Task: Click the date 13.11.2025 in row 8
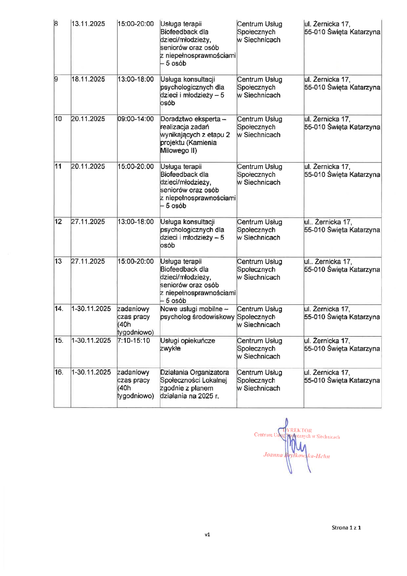click(x=88, y=24)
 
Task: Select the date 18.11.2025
click(x=88, y=79)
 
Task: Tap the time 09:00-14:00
click(x=136, y=119)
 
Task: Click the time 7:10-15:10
click(x=134, y=340)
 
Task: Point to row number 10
click(x=58, y=119)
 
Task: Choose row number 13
click(x=58, y=261)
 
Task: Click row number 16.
click(x=59, y=372)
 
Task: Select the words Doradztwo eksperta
click(x=190, y=119)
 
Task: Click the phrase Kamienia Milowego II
click(x=188, y=147)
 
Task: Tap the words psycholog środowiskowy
click(x=197, y=317)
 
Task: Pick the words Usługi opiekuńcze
click(x=188, y=340)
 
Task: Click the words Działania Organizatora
click(x=195, y=372)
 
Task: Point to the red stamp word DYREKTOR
click(x=298, y=430)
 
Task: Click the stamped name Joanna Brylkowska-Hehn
click(x=297, y=456)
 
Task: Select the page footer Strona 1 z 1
click(x=346, y=528)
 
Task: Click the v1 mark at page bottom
click(x=207, y=535)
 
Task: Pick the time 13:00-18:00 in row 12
click(x=136, y=222)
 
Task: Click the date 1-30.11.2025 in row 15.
click(x=91, y=340)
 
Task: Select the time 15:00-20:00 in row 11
click(x=136, y=167)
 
